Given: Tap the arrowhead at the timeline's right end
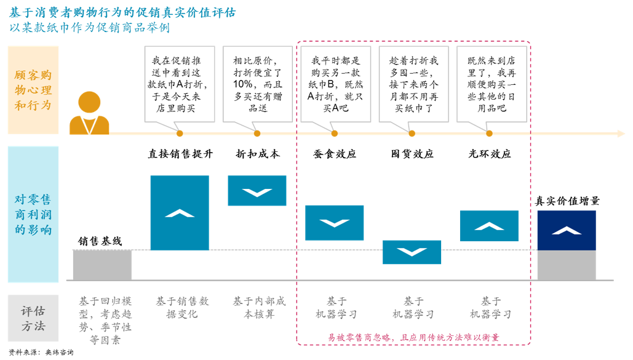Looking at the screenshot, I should [621, 134].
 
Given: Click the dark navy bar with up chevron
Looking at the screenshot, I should [566, 230].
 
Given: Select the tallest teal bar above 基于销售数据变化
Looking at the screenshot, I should [179, 213].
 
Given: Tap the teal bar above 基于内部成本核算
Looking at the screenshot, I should [257, 191].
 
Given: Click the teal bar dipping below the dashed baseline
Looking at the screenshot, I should [412, 252].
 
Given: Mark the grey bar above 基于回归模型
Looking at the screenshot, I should [102, 265].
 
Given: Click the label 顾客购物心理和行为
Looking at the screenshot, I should [33, 90].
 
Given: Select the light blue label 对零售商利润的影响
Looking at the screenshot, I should [33, 214].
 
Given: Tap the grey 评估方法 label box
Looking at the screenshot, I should [33, 318].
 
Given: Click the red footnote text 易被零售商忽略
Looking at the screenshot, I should [412, 337].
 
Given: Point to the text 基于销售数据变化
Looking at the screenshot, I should [181, 307].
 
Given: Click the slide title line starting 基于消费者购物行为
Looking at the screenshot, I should [122, 13].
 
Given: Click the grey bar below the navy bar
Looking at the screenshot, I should [566, 265].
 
